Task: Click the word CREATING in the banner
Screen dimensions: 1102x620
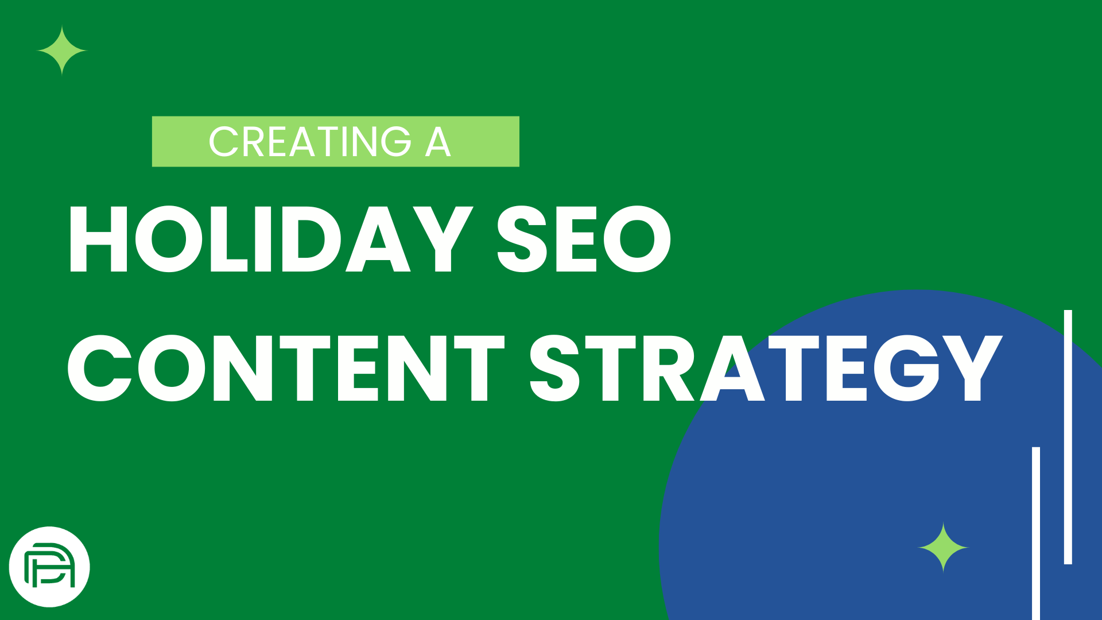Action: click(x=310, y=142)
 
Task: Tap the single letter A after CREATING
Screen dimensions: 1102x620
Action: click(x=438, y=142)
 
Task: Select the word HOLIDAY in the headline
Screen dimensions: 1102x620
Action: click(x=270, y=239)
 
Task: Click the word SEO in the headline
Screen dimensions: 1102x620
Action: click(x=584, y=239)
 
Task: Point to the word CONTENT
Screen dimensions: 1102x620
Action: click(x=286, y=368)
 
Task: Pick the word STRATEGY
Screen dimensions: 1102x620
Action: click(x=766, y=368)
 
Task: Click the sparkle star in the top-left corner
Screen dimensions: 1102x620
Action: click(x=62, y=51)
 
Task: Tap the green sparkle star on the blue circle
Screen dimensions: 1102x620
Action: click(x=944, y=547)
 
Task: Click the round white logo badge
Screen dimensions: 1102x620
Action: click(x=50, y=567)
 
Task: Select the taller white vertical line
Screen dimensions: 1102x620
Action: click(x=1068, y=437)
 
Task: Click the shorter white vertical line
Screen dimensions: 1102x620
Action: click(x=1036, y=533)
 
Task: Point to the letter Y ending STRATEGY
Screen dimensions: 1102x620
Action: click(x=972, y=368)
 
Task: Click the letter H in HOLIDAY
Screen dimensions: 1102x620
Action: click(x=98, y=239)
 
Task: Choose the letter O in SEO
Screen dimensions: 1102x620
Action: click(x=637, y=239)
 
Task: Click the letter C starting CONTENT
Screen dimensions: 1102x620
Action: click(x=100, y=368)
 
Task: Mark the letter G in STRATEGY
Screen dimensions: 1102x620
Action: click(x=907, y=368)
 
